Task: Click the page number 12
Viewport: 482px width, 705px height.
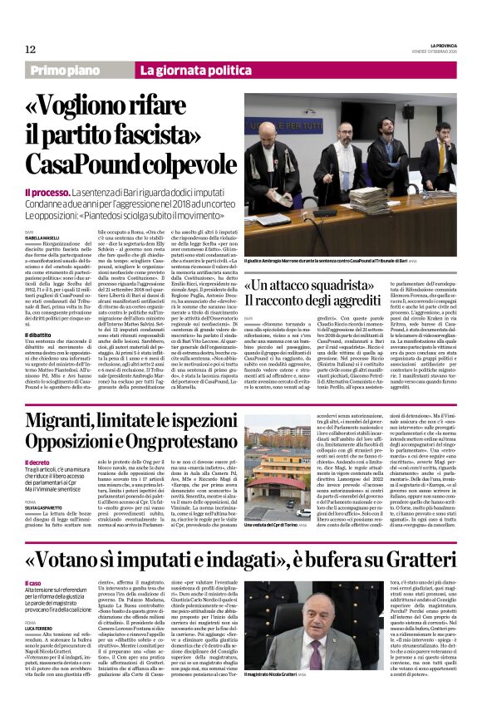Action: click(x=30, y=50)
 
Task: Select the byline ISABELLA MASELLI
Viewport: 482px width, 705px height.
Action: click(x=41, y=237)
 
